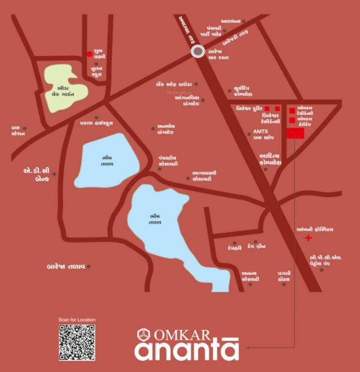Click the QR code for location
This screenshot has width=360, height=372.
77,342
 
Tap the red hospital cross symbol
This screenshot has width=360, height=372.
308,238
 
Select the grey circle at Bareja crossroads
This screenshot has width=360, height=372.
198,52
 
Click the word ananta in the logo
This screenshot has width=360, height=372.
186,351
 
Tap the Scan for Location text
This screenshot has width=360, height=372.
77,320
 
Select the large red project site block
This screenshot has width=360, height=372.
295,134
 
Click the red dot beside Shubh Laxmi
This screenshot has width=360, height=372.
89,54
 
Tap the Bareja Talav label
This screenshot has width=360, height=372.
66,266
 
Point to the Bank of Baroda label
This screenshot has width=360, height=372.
174,84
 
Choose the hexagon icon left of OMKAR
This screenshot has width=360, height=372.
143,335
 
